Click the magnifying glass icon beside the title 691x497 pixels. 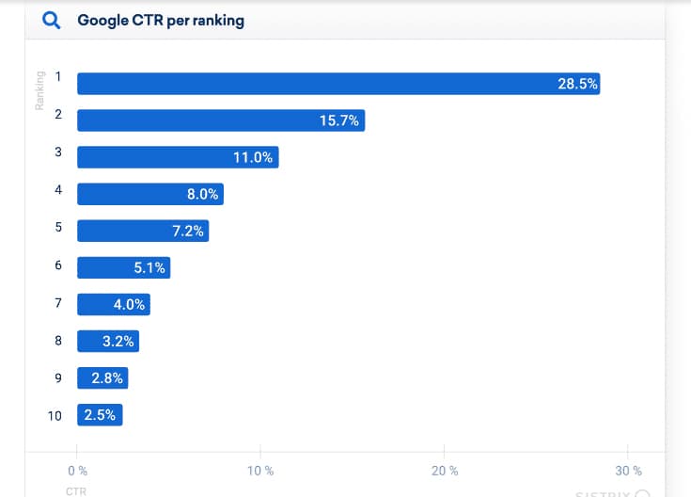click(x=53, y=21)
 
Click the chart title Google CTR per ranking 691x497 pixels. click(x=161, y=21)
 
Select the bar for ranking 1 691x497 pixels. click(x=338, y=84)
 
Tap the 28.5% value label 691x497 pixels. click(x=577, y=84)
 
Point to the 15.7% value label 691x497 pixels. click(x=338, y=120)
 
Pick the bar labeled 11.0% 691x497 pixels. click(x=178, y=157)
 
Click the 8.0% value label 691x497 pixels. click(x=203, y=194)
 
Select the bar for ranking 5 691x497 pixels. click(x=143, y=231)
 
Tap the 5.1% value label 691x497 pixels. click(x=149, y=267)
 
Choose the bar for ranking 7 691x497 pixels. click(x=114, y=304)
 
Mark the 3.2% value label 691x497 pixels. click(x=118, y=342)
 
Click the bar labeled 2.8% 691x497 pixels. click(x=102, y=378)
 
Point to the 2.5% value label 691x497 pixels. click(x=100, y=415)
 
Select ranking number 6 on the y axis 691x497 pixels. click(x=58, y=266)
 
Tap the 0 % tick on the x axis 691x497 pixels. click(x=78, y=471)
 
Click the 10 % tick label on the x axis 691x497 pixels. click(x=260, y=471)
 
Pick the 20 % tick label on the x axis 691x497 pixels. click(x=445, y=471)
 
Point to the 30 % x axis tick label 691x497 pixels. click(x=629, y=471)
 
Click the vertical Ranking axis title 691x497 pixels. click(x=40, y=90)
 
